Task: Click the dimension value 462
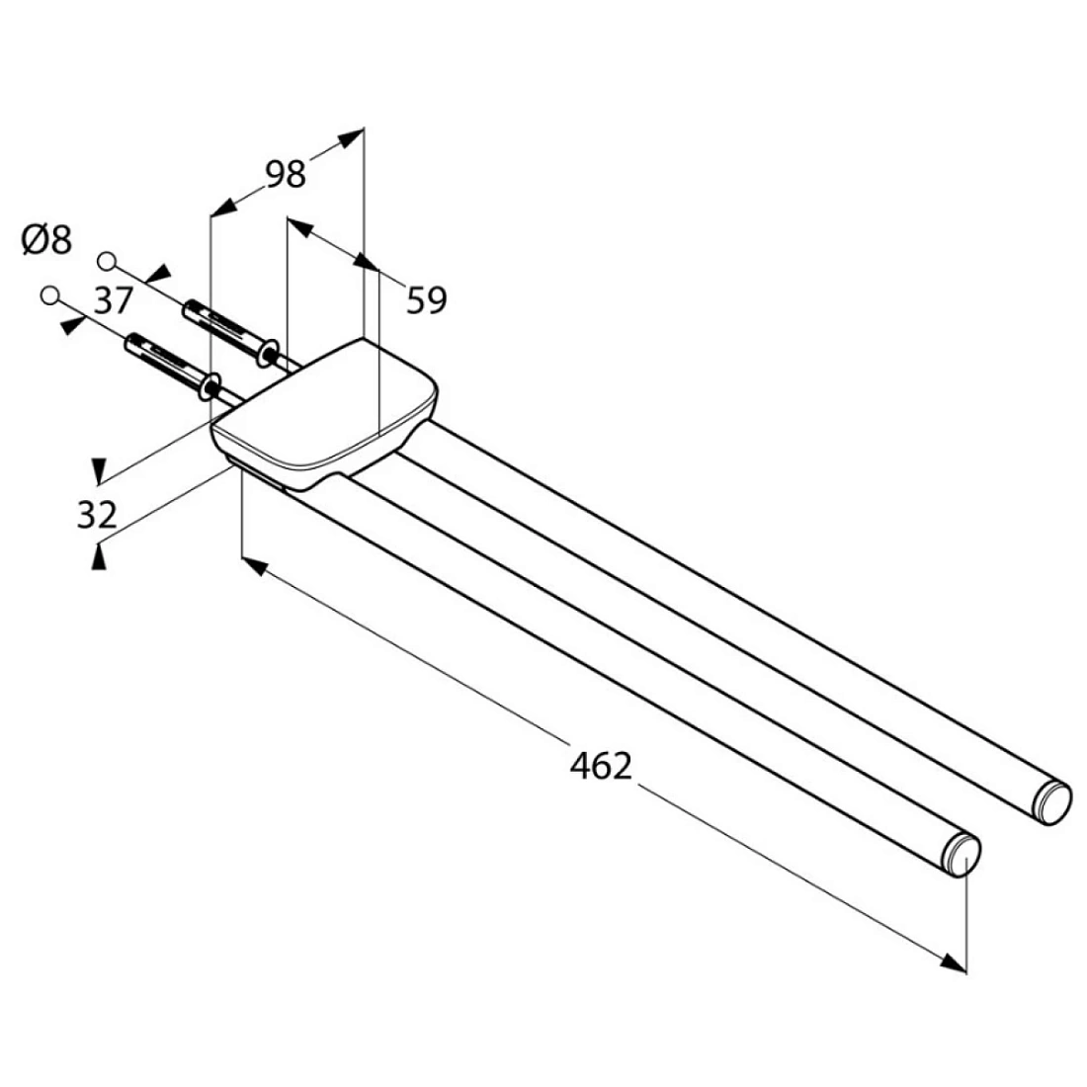click(600, 765)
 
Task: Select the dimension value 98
click(286, 174)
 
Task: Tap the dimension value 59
click(427, 299)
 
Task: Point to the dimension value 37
click(114, 298)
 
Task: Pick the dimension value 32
click(97, 514)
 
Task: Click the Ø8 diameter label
click(46, 239)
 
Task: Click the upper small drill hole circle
click(108, 260)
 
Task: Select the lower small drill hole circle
click(51, 294)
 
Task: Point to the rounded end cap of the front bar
click(964, 855)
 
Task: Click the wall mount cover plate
click(326, 415)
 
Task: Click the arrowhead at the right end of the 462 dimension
click(953, 962)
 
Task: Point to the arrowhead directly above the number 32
click(98, 467)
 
